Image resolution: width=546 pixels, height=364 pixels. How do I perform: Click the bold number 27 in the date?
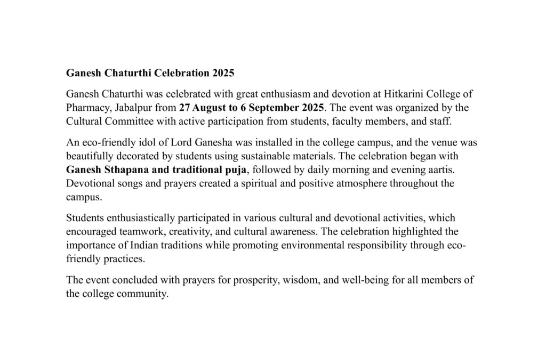(x=184, y=108)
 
